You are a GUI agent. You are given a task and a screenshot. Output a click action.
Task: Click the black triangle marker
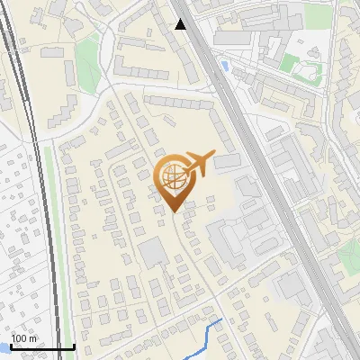pos(181,24)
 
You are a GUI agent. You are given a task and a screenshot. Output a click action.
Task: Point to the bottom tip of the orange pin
pos(174,211)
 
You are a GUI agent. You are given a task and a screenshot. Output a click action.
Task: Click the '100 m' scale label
pos(24,337)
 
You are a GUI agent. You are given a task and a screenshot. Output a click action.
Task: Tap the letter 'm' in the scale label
pos(32,337)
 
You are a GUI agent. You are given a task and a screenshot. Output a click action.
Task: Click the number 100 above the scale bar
pos(19,337)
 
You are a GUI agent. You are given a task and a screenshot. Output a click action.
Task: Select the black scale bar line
pos(40,346)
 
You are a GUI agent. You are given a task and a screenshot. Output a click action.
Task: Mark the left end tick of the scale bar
pos(11,345)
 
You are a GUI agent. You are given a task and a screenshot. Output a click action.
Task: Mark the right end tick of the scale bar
pos(73,345)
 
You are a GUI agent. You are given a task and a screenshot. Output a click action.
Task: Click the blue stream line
pos(211,335)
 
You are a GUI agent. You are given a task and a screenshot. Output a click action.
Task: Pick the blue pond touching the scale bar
pos(4,346)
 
